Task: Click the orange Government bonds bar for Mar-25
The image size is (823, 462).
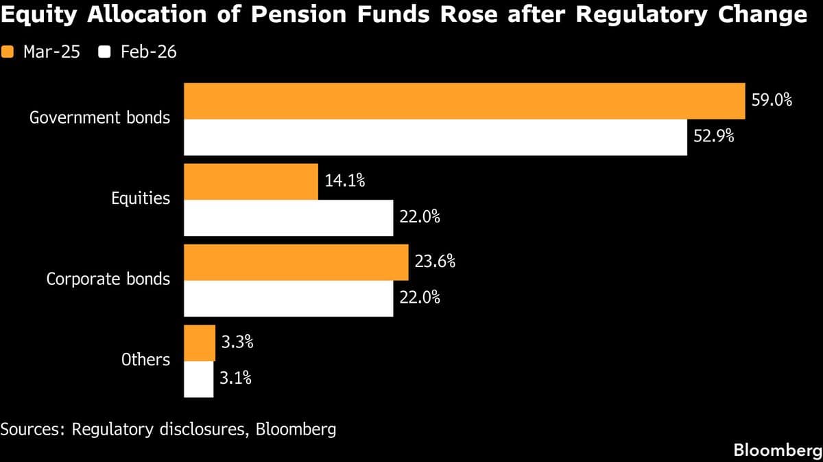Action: pos(464,102)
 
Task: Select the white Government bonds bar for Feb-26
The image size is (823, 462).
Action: pos(436,137)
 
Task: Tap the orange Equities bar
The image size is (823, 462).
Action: pos(251,182)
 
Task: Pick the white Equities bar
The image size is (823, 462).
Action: pos(289,218)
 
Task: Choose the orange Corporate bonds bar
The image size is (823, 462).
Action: pos(296,262)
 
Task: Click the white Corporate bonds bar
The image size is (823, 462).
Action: pos(289,299)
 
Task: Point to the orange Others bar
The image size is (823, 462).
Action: pos(200,343)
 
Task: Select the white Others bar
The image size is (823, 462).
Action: pos(199,379)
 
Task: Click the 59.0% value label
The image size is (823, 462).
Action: pos(772,101)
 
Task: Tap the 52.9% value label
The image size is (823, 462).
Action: pos(714,137)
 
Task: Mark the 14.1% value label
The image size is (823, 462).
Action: pos(345,182)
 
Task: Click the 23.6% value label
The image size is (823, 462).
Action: pos(435,262)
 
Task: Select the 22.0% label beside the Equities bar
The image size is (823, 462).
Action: pos(419,218)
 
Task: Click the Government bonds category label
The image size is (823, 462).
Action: pos(99,117)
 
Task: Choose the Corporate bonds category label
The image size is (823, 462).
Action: pos(108,279)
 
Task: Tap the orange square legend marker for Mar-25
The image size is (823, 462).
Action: pos(9,51)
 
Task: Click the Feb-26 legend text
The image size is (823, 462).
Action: pos(149,51)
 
